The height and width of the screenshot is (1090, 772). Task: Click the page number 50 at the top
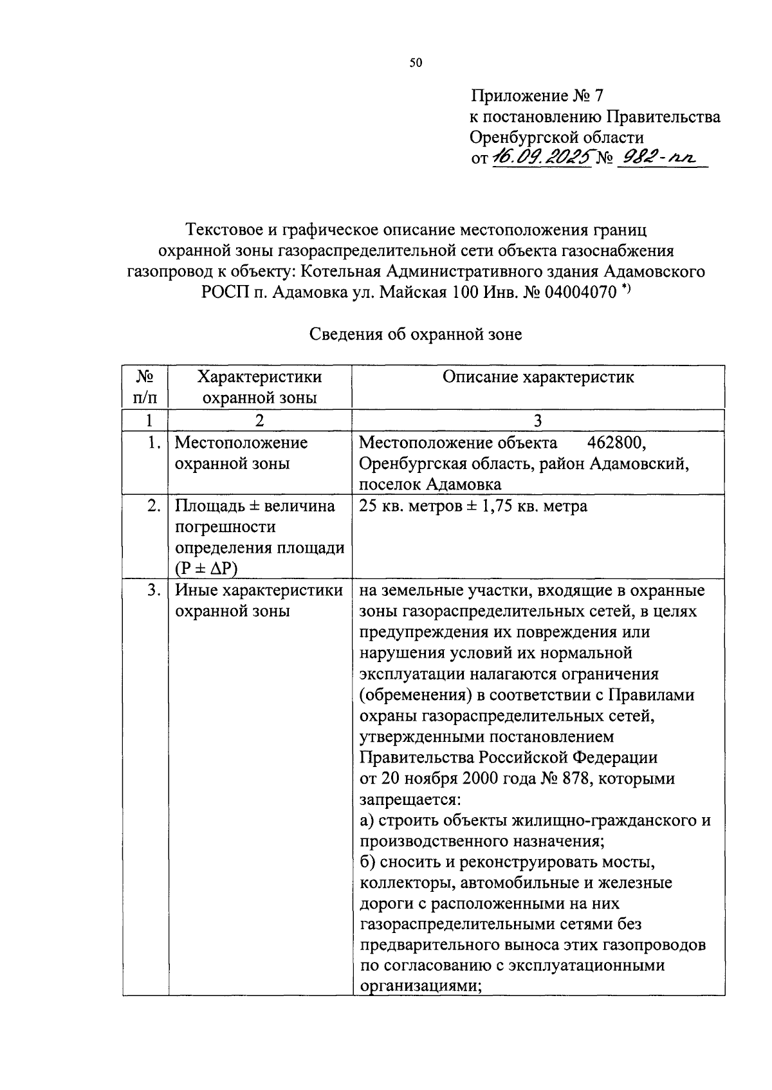pos(416,63)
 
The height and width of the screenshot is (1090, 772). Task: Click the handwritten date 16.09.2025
pos(540,157)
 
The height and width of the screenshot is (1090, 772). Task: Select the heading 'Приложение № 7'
pos(537,97)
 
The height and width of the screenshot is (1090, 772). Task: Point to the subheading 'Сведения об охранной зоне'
pos(416,335)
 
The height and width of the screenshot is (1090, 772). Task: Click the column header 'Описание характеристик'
pos(538,378)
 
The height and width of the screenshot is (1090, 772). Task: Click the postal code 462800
pos(617,443)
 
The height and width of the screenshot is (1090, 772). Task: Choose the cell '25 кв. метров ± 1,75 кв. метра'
pos(473,506)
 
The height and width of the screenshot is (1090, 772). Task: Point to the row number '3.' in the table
pos(153,590)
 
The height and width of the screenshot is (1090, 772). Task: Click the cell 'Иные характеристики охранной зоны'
pos(259,600)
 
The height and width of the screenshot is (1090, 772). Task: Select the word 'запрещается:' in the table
pos(410,800)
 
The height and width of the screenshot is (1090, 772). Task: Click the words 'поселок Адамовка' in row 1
pos(430,485)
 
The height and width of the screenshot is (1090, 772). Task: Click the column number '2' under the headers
pos(259,420)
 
